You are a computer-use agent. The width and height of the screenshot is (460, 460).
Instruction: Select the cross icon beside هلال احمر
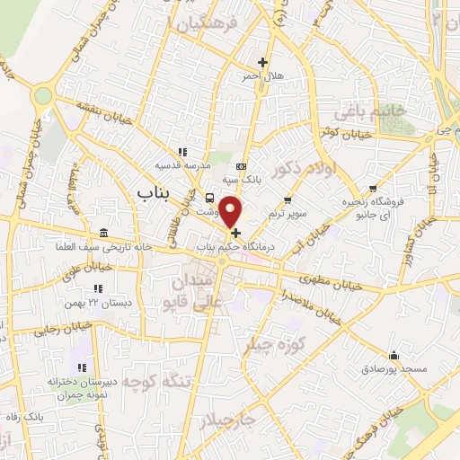click(262, 62)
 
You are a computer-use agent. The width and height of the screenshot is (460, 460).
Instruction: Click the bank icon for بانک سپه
click(241, 166)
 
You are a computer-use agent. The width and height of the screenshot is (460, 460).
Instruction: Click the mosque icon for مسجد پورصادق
click(393, 355)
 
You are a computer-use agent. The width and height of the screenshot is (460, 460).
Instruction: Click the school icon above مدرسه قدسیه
click(182, 152)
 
